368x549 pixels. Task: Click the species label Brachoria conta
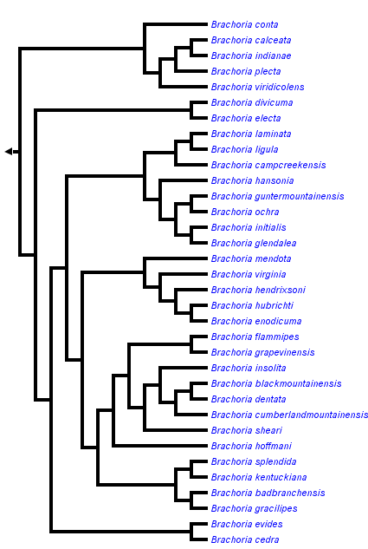click(x=244, y=24)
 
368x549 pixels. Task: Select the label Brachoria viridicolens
click(x=257, y=87)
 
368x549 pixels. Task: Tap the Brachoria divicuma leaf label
click(x=251, y=102)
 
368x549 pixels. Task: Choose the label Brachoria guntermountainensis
click(x=277, y=196)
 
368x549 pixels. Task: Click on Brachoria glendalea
click(x=253, y=243)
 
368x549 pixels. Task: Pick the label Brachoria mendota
click(x=250, y=258)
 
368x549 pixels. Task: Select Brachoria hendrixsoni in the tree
click(x=258, y=290)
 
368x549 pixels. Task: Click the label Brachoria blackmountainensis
click(x=275, y=383)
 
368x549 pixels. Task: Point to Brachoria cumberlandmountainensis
click(x=289, y=415)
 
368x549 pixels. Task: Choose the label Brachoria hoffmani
click(x=251, y=446)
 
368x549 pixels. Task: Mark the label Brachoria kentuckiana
click(x=258, y=477)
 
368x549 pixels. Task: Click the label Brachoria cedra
click(x=245, y=539)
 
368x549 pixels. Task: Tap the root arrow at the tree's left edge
click(x=10, y=152)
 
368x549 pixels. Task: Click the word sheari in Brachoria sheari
click(x=268, y=430)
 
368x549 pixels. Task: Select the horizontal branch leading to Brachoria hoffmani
click(x=160, y=446)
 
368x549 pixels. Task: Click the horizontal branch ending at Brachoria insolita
click(x=184, y=368)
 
